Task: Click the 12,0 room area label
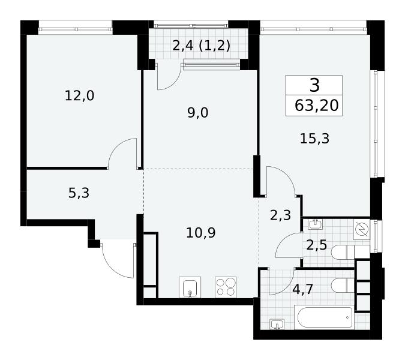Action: click(x=80, y=96)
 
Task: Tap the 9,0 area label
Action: click(x=198, y=113)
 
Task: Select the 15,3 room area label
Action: click(x=314, y=139)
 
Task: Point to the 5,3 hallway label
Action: click(x=79, y=193)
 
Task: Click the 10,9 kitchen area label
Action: click(x=200, y=233)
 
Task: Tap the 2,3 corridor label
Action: click(x=281, y=215)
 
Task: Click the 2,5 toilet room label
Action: click(x=317, y=245)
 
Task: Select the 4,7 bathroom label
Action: click(x=303, y=289)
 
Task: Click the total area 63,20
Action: click(x=317, y=106)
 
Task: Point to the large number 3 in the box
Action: click(x=314, y=85)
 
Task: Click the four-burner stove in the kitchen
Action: click(x=226, y=287)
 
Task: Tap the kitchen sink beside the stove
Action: click(x=190, y=287)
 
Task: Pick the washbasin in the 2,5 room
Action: click(x=315, y=224)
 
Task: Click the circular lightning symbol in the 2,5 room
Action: click(x=362, y=230)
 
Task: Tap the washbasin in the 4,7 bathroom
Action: click(x=277, y=324)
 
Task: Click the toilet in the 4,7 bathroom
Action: click(x=343, y=286)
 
